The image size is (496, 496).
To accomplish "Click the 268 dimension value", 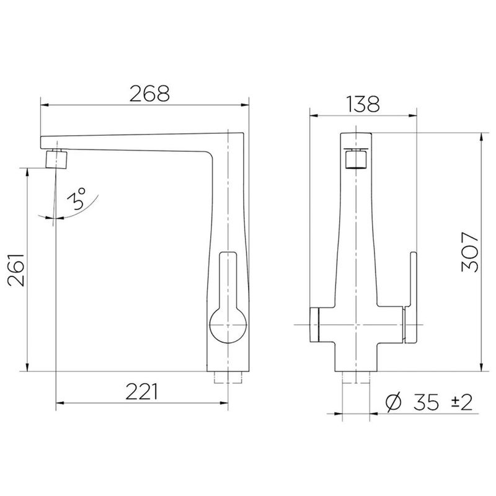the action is pos(149,94).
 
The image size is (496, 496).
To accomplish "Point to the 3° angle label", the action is pos(76,199).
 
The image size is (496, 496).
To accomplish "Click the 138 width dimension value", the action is pos(363,104).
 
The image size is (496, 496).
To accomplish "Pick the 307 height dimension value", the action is pos(470,252).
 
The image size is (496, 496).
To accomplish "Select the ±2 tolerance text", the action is pos(461,402).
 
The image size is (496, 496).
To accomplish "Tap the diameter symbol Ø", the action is pos(394,402).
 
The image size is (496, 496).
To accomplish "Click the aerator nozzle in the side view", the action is pos(57,159).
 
